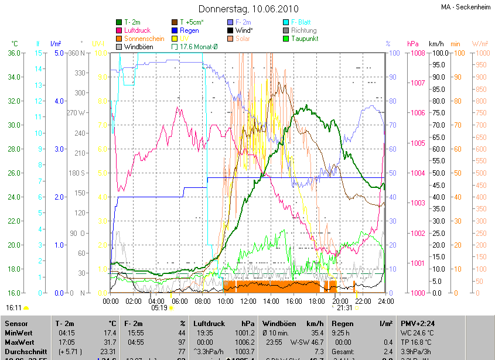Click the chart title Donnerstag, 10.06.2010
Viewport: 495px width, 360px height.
point(248,9)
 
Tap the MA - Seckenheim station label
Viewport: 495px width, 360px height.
point(465,7)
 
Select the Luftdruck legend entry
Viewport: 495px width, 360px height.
point(138,30)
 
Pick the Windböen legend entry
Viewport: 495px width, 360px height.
point(138,47)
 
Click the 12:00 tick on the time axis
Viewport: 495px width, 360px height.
point(248,301)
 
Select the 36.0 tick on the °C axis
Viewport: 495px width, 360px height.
point(15,53)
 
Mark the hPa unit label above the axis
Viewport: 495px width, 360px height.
point(412,44)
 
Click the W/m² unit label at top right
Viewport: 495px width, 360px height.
point(480,44)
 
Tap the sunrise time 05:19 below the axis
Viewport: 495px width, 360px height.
point(159,307)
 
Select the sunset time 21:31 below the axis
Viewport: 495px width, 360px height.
point(344,307)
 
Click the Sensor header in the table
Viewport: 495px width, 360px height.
point(16,323)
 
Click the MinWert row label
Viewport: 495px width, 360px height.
point(19,332)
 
